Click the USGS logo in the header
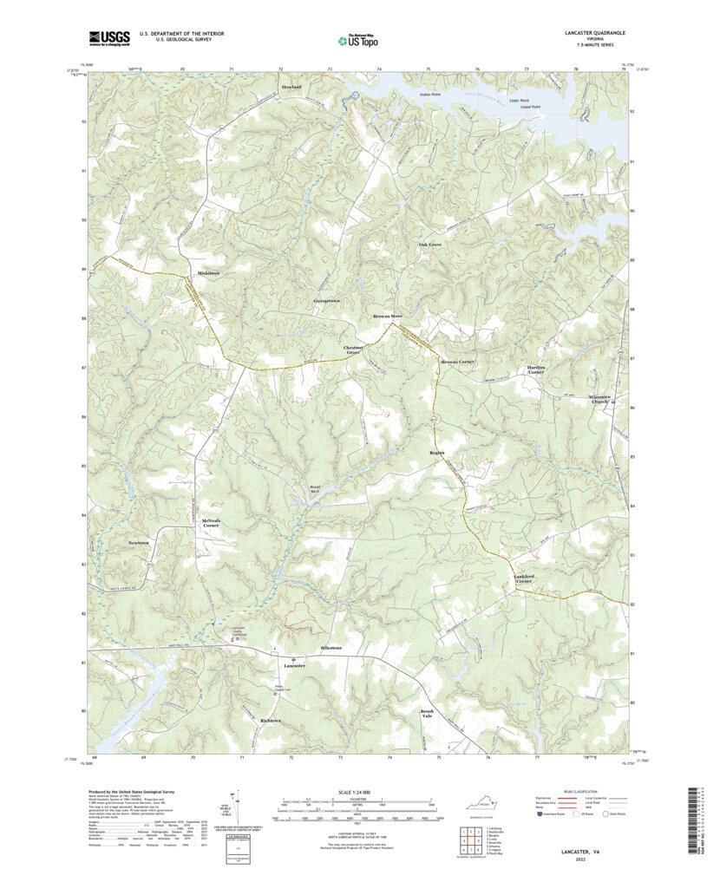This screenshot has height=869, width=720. point(108,37)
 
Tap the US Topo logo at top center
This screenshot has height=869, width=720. point(358,39)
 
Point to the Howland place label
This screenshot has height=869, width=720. point(291,88)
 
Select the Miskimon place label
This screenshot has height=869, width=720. point(208,274)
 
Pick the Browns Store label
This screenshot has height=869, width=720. point(388,316)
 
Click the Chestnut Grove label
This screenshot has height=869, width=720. point(353,351)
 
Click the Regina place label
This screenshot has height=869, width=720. point(436,453)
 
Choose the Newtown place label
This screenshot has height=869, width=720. point(139,542)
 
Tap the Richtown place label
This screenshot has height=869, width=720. point(271,721)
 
